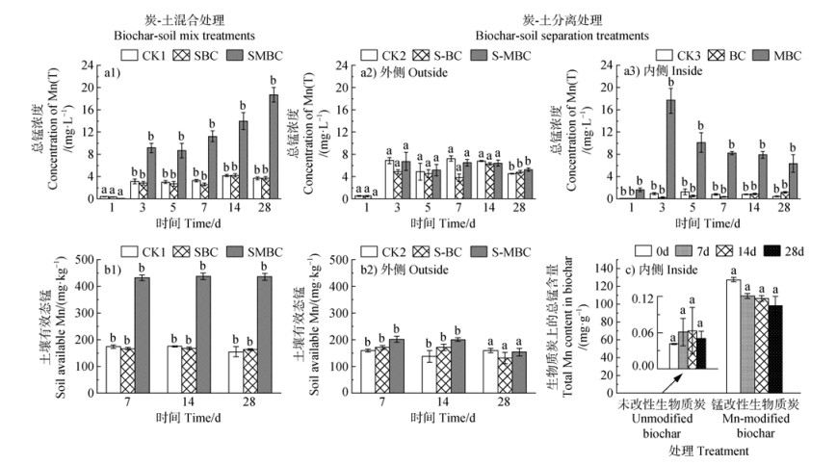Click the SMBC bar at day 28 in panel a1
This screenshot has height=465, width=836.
coord(273,145)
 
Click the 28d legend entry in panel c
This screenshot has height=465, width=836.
coord(798,250)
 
